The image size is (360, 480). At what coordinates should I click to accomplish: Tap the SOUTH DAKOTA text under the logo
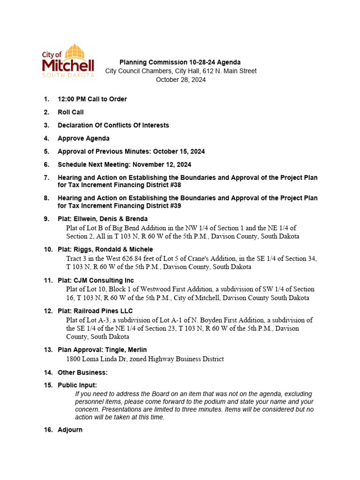click(x=68, y=75)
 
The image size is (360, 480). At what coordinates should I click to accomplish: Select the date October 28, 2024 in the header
click(x=180, y=80)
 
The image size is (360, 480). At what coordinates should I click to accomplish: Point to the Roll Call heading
click(x=70, y=112)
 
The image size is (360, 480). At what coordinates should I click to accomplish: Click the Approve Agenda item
click(x=83, y=138)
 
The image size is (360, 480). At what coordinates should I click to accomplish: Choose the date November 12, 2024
click(x=162, y=165)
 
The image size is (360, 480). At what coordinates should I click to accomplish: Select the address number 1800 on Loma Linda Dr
click(x=74, y=359)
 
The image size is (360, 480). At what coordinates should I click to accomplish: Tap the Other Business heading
click(x=82, y=373)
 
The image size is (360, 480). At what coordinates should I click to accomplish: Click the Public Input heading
click(x=77, y=385)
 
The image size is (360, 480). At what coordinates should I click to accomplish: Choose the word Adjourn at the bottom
click(x=70, y=429)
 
